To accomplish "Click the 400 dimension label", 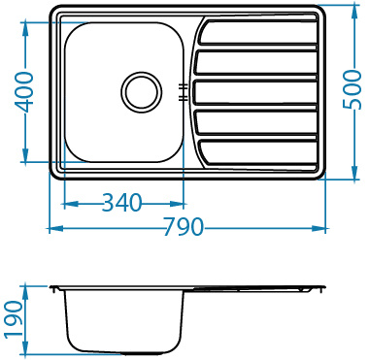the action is [x=24, y=92].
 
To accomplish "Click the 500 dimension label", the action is [x=352, y=89].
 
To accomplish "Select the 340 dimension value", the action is [x=122, y=203].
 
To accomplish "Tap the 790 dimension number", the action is [x=184, y=226].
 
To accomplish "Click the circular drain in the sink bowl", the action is [x=142, y=92].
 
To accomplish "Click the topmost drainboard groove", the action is [x=257, y=32].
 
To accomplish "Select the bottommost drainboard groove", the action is [x=257, y=153].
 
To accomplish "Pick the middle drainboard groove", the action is [x=255, y=92].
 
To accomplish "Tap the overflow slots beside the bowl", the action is [x=183, y=92].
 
